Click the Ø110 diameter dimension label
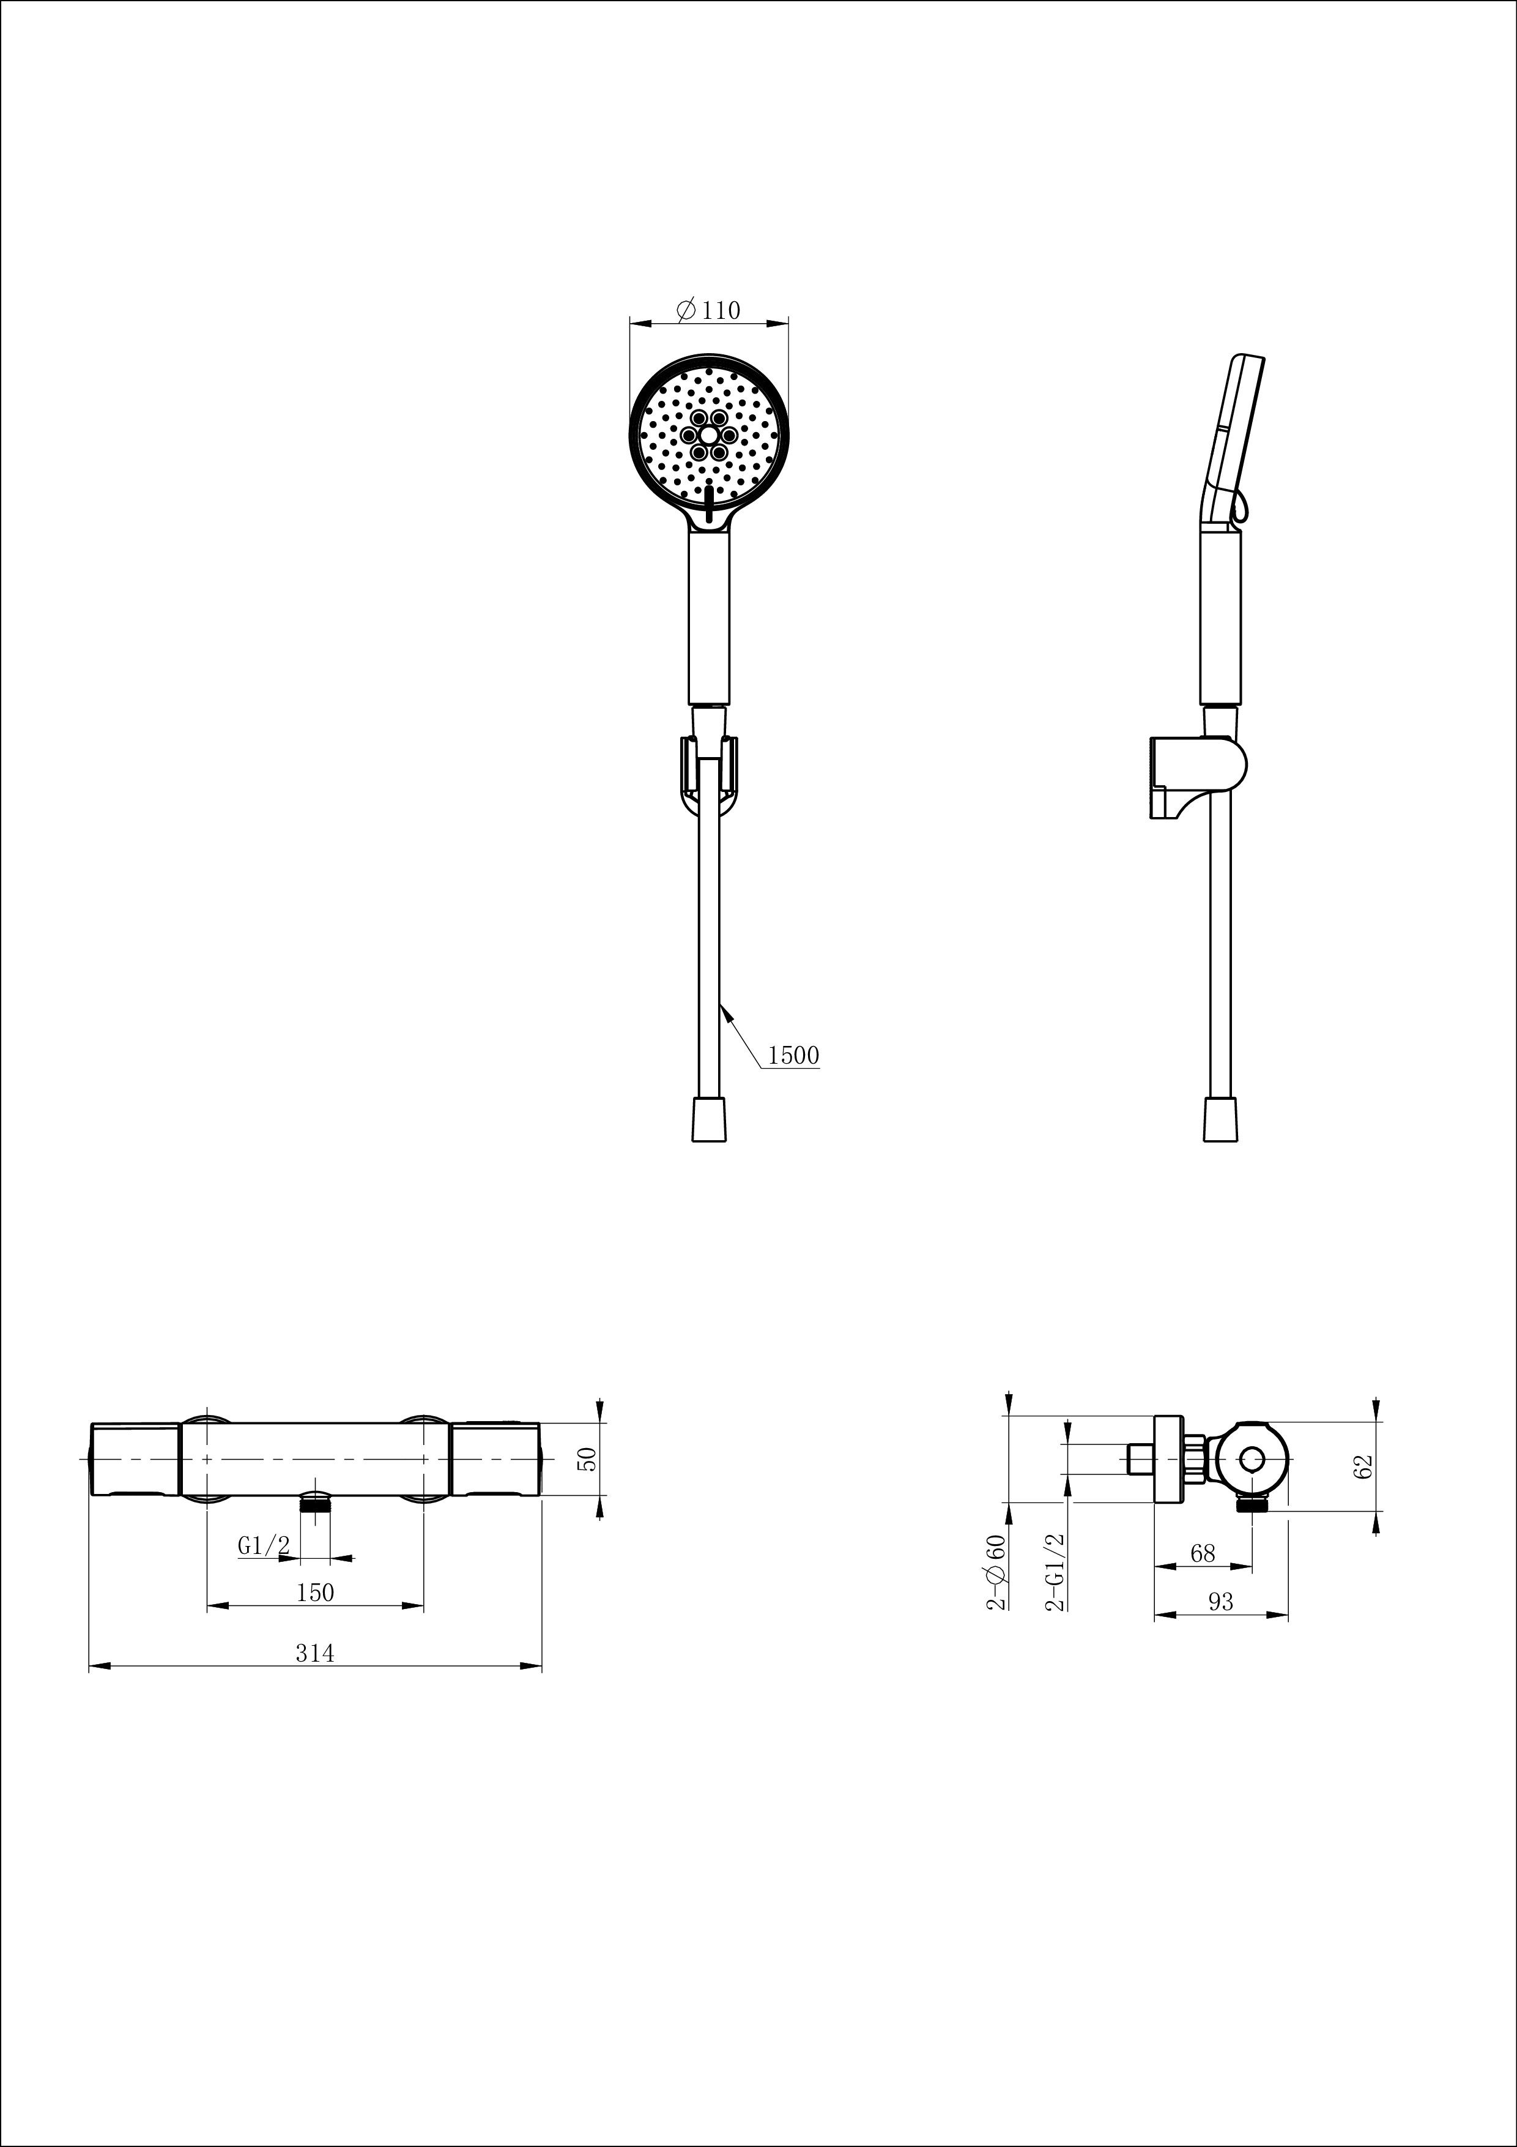(708, 310)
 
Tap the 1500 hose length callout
(793, 1056)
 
